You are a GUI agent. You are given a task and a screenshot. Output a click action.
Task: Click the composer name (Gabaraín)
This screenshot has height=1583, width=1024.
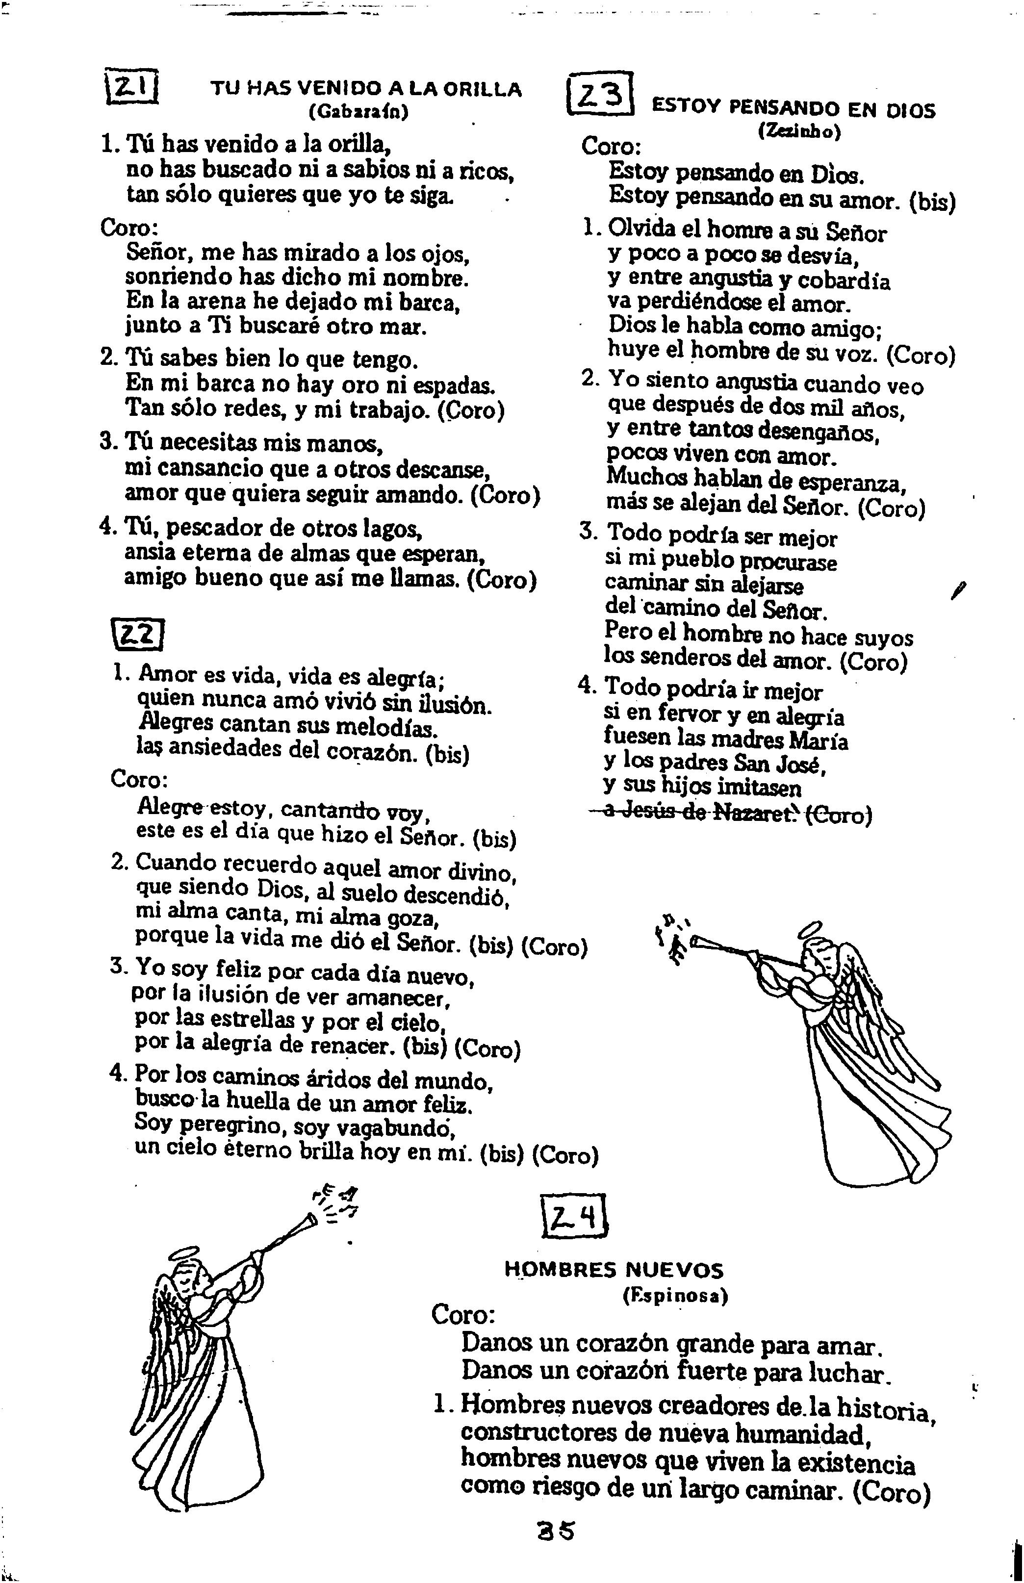tap(358, 112)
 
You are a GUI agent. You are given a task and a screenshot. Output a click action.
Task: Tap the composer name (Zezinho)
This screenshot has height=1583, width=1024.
tap(800, 131)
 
